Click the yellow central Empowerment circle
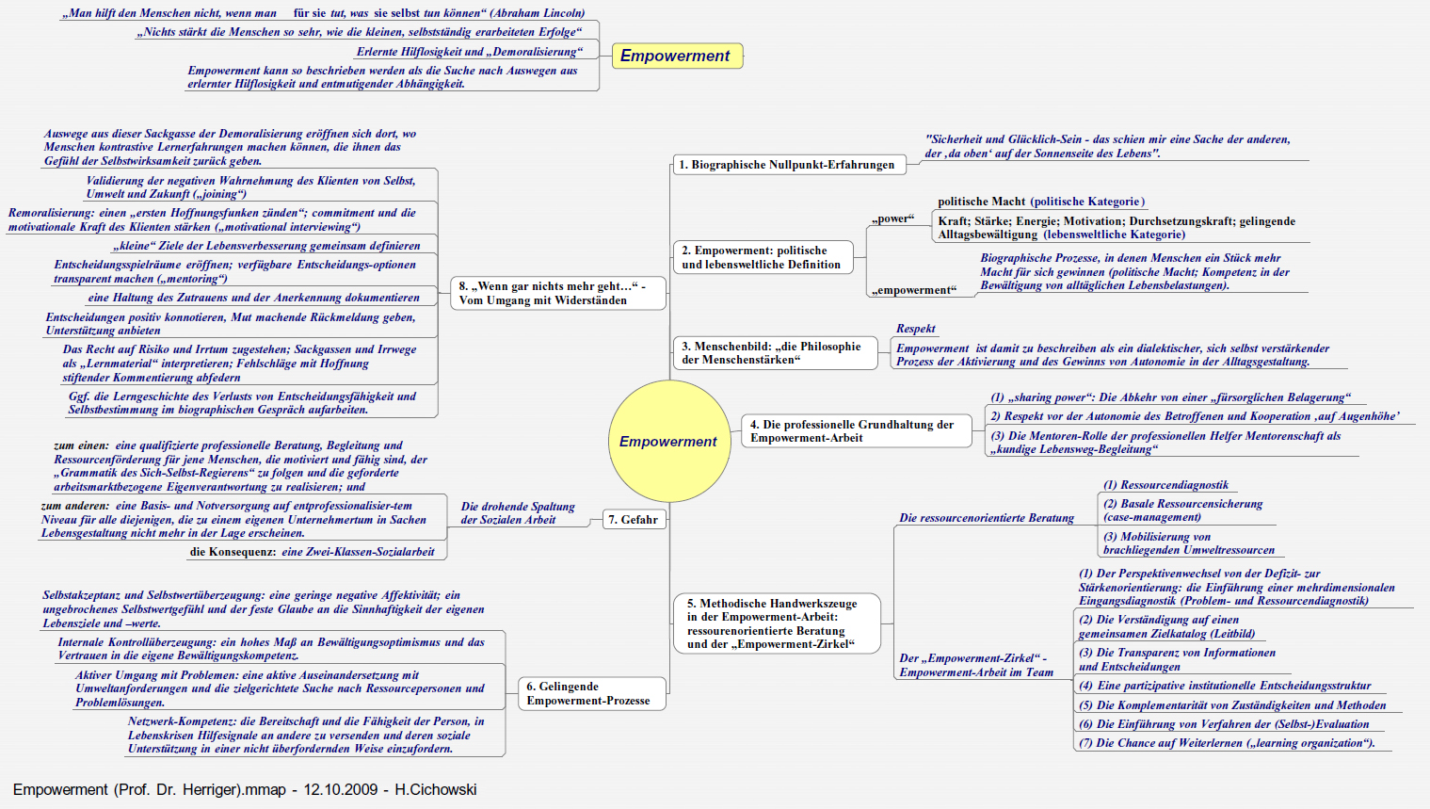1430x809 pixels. tap(668, 442)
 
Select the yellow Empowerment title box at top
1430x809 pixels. tap(675, 56)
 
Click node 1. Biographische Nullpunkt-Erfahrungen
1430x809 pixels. tap(787, 165)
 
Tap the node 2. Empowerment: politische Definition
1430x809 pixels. tap(761, 257)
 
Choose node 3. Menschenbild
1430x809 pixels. tap(771, 353)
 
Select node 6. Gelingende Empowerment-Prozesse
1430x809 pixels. tap(589, 693)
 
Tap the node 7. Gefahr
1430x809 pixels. tap(633, 519)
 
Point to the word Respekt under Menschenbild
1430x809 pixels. tap(915, 329)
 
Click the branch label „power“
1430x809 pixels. tap(892, 218)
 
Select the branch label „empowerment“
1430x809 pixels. tap(913, 290)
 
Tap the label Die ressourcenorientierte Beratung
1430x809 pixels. tap(986, 518)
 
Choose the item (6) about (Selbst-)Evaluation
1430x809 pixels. tap(1224, 724)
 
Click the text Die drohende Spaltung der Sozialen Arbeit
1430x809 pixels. tap(517, 512)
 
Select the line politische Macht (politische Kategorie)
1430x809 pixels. tap(1040, 202)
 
